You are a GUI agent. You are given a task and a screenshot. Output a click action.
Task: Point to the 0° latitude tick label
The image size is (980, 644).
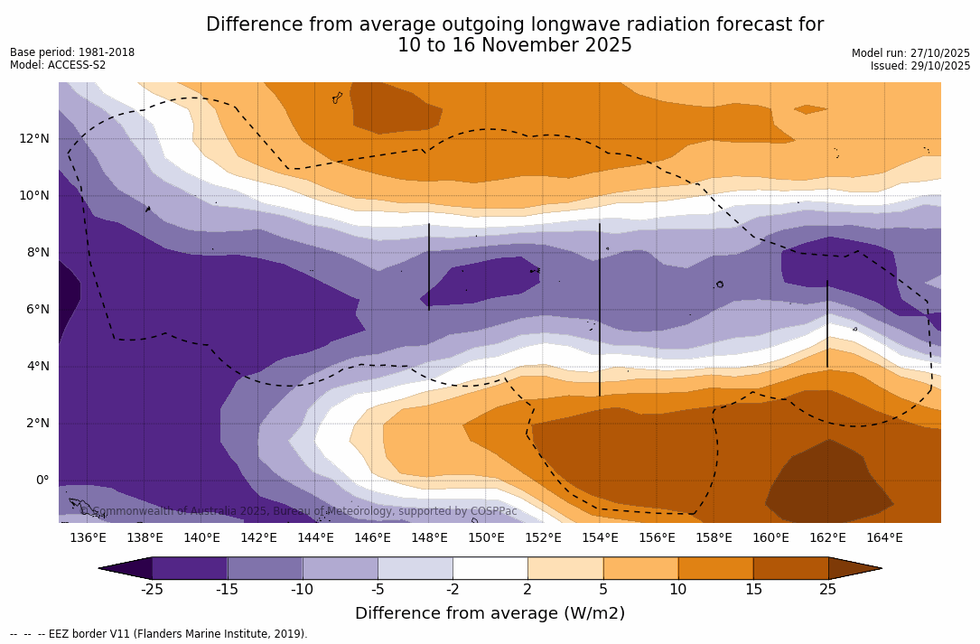(x=42, y=480)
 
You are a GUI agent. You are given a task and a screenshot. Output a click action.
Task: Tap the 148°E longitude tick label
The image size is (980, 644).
(x=429, y=537)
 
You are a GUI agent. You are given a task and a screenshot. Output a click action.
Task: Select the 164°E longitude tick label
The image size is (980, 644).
(x=884, y=537)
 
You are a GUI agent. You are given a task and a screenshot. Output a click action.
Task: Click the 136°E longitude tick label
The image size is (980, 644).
(x=88, y=537)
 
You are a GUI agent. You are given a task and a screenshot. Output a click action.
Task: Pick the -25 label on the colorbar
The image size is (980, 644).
(x=152, y=590)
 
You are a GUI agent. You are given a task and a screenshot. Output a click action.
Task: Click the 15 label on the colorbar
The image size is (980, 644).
(x=753, y=590)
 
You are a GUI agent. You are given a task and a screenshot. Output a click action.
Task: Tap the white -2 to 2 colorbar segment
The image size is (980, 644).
(x=490, y=568)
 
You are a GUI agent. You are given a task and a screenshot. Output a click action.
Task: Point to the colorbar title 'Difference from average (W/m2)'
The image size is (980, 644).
(x=490, y=613)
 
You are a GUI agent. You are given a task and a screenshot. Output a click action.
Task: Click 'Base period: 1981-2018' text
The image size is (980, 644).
(x=72, y=52)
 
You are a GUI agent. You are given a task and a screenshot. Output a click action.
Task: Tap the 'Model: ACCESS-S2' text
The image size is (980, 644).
(x=58, y=65)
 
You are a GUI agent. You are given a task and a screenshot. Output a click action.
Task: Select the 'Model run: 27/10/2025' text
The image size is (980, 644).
(x=910, y=53)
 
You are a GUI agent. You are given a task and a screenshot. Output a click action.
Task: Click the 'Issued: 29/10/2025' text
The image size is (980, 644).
(x=920, y=66)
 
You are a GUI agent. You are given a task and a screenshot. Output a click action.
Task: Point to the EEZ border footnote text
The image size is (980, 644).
(x=159, y=634)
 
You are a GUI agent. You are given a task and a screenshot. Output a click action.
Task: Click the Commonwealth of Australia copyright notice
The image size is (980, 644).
(x=299, y=511)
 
